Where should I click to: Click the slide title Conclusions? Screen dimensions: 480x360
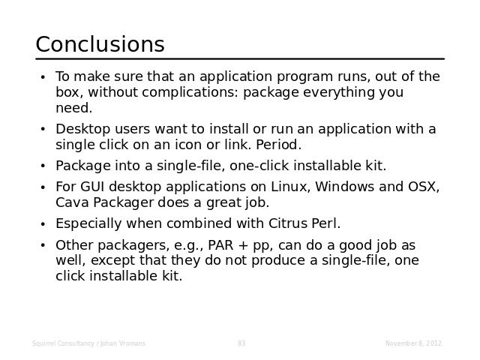pyautogui.click(x=100, y=44)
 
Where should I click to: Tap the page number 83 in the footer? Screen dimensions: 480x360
pyautogui.click(x=241, y=343)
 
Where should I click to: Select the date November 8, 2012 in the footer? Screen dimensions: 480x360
pyautogui.click(x=413, y=343)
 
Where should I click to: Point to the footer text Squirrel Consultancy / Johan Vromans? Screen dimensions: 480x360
pyautogui.click(x=88, y=343)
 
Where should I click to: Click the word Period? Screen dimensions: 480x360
pyautogui.click(x=278, y=145)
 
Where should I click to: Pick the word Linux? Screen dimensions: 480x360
pyautogui.click(x=291, y=187)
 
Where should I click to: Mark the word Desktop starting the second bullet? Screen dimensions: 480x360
pyautogui.click(x=83, y=130)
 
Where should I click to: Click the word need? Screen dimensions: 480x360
pyautogui.click(x=73, y=108)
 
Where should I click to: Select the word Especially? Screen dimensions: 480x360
pyautogui.click(x=88, y=223)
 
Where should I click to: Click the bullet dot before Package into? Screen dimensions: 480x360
pyautogui.click(x=43, y=166)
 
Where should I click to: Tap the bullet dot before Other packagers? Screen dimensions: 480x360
pyautogui.click(x=43, y=245)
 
